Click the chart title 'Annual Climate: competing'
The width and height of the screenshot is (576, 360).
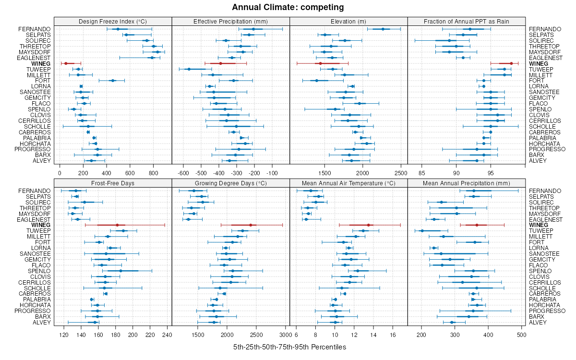[288, 7]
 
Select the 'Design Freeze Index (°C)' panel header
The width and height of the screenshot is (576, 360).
[113, 21]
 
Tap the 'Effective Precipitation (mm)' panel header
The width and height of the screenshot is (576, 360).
[230, 21]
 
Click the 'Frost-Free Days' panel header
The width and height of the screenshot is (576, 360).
[113, 183]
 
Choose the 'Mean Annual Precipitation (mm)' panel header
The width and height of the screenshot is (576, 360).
[467, 183]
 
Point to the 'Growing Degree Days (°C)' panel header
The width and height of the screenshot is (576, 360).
[230, 183]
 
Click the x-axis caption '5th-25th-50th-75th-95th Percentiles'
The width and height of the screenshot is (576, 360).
[289, 347]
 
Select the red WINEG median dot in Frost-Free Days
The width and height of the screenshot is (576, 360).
[117, 225]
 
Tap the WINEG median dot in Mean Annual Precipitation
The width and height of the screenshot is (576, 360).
[477, 225]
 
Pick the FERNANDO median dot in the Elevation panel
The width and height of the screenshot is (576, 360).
[383, 29]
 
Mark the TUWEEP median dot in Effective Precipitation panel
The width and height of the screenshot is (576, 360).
[189, 69]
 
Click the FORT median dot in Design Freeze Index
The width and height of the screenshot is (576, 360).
[113, 81]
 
